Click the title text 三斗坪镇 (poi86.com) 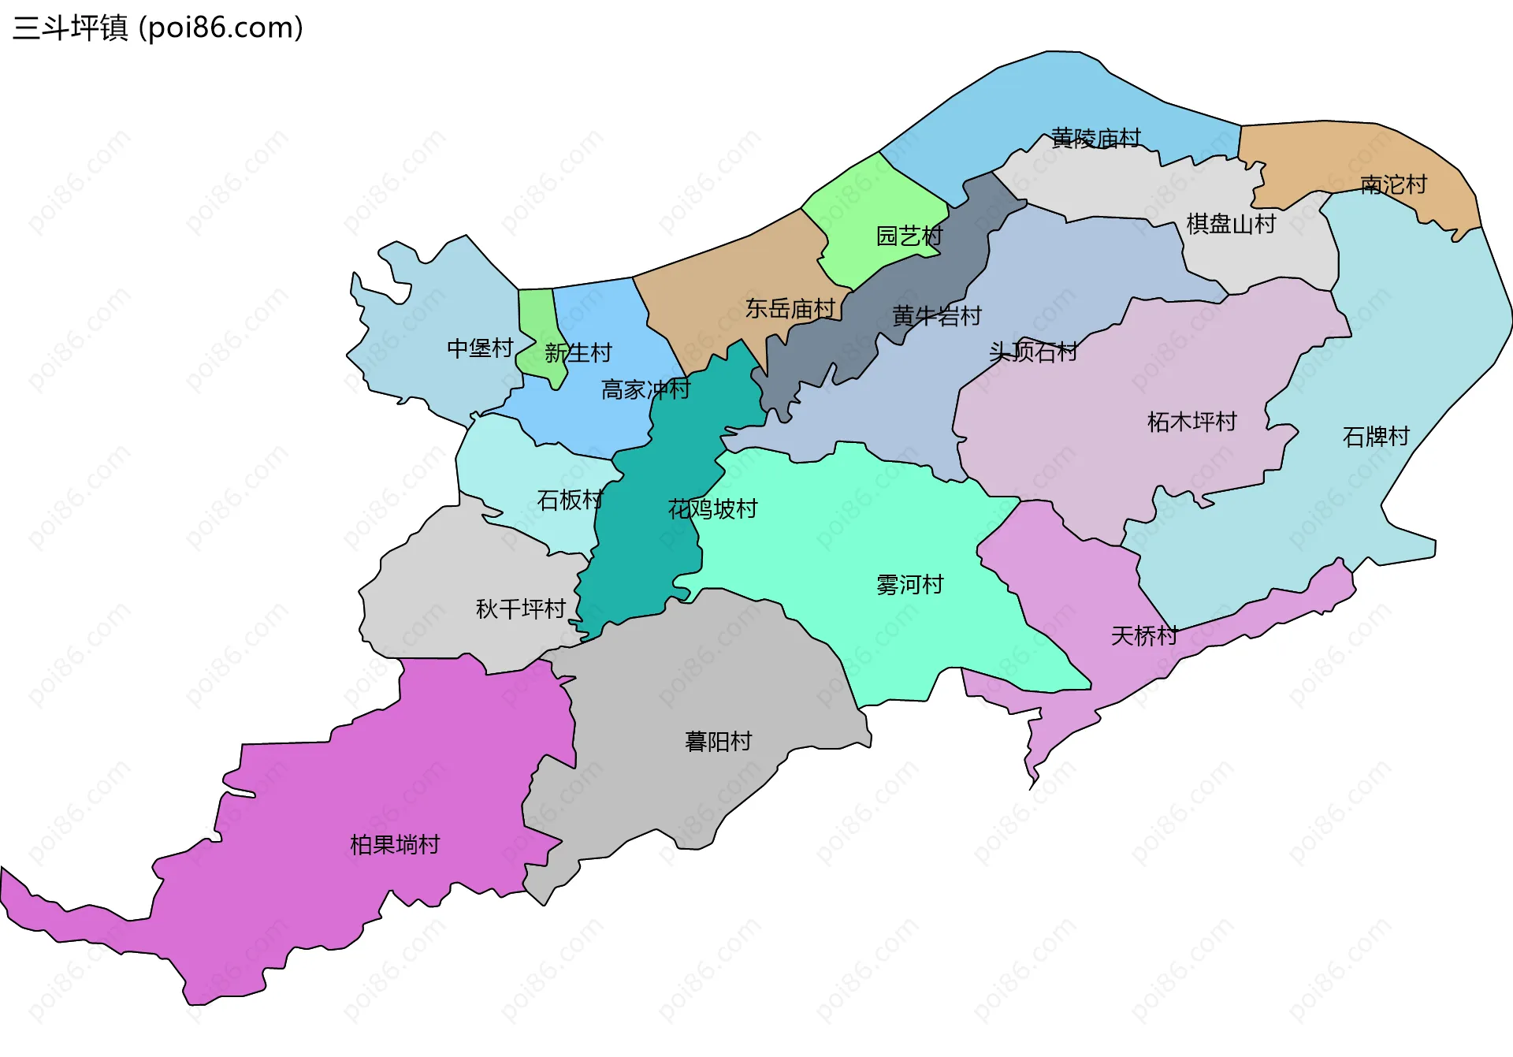pos(158,28)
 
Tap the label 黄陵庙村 pos(1095,139)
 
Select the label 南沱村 pos(1393,185)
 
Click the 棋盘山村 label pos(1231,225)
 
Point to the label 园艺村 pos(909,236)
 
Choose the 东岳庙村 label pos(790,309)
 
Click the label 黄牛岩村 pos(936,317)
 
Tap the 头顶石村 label pos(1032,352)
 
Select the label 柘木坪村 pos(1191,422)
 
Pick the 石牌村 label pos(1375,437)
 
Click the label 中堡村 pos(480,348)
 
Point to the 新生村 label pos(578,353)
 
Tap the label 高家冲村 pos(645,390)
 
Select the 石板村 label pos(570,501)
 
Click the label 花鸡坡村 pos(712,509)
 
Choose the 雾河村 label pos(909,585)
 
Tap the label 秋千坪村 pos(520,609)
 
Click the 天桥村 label pos(1144,636)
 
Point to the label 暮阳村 pos(718,742)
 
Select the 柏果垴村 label pos(394,846)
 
